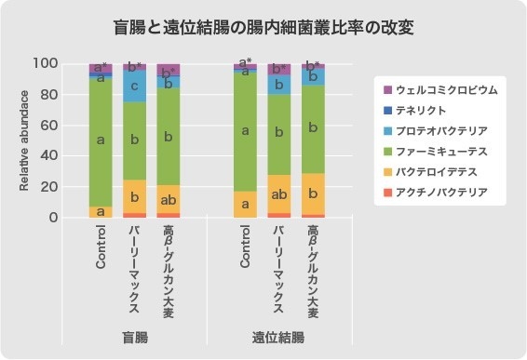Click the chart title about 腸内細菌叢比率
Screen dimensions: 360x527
click(x=263, y=28)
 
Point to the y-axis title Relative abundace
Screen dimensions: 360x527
click(x=25, y=140)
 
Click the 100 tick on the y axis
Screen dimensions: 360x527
click(x=47, y=63)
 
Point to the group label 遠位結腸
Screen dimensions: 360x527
click(x=277, y=337)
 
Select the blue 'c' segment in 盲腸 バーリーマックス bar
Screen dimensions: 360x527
click(x=135, y=86)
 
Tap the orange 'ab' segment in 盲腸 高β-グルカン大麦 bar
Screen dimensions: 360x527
click(x=169, y=199)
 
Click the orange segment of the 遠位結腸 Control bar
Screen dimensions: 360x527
click(x=245, y=204)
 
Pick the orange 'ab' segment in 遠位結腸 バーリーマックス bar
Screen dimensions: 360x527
click(x=279, y=194)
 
